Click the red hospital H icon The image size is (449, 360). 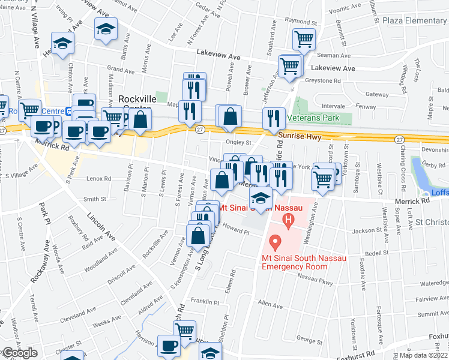[289, 220]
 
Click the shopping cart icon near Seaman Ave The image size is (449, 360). [304, 40]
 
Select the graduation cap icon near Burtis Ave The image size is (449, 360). [106, 29]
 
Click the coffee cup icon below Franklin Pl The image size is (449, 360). [169, 346]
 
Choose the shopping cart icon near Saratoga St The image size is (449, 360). [323, 178]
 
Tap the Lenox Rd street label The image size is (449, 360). [99, 179]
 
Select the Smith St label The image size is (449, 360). [94, 199]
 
